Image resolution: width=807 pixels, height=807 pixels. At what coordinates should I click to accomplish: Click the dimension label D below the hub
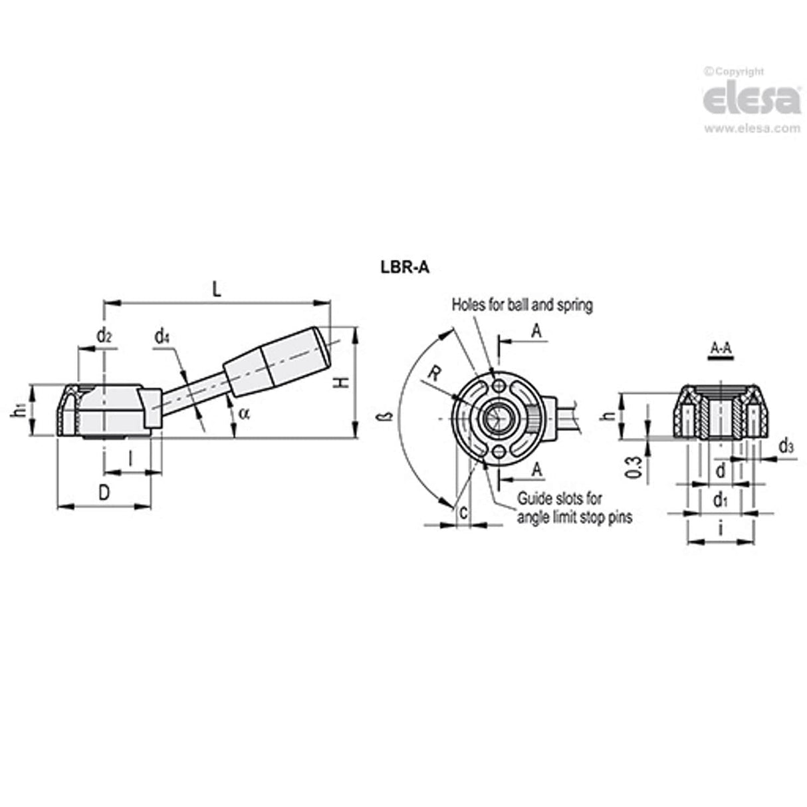click(103, 493)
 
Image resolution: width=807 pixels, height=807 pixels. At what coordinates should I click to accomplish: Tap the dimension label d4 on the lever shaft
click(162, 337)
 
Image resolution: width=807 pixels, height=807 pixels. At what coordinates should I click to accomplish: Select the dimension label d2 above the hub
click(104, 336)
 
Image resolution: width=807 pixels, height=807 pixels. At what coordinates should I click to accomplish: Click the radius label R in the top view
click(433, 374)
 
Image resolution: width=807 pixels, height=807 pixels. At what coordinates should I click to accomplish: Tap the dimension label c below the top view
click(463, 512)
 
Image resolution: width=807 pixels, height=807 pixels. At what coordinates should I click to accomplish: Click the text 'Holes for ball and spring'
click(522, 305)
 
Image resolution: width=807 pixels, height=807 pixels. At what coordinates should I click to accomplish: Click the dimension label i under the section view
click(721, 529)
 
